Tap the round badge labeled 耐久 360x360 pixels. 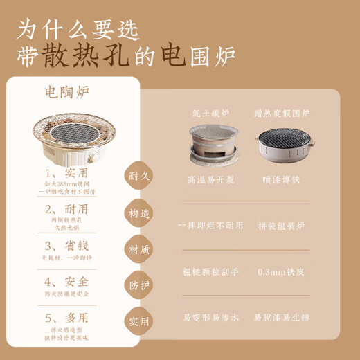(x=136, y=177)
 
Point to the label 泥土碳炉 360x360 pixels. (x=212, y=112)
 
